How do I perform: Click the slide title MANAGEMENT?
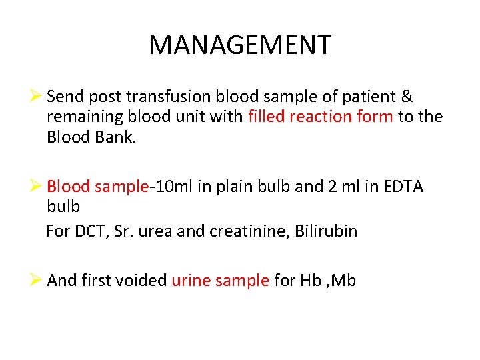coord(239,45)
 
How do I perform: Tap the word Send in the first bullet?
coord(65,97)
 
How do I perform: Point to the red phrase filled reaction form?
coord(321,117)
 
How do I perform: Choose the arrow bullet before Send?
coord(38,97)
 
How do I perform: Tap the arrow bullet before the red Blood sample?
coord(38,187)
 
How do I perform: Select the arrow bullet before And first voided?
coord(38,281)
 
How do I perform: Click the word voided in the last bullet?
coord(142,281)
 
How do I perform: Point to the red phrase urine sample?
coord(221,281)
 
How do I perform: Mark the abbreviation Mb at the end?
coord(343,281)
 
